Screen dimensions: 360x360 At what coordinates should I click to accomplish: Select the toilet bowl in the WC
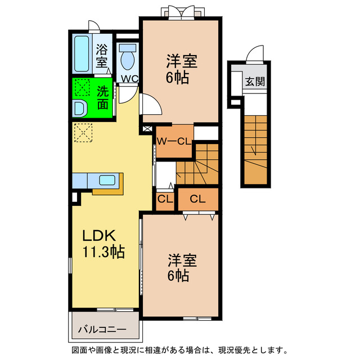128,57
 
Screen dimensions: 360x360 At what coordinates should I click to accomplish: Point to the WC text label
130,78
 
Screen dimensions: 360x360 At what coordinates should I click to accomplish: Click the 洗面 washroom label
102,97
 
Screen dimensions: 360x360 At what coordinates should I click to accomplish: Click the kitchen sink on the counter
107,180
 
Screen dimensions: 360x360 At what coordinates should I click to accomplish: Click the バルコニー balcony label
102,328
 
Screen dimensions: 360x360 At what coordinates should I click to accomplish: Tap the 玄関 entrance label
254,81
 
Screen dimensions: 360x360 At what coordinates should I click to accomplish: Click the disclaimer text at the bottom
179,350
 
